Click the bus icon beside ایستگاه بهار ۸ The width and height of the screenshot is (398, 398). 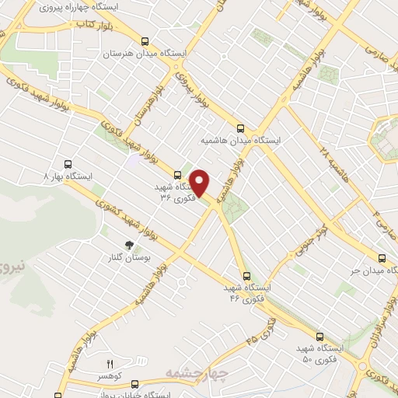click(68, 164)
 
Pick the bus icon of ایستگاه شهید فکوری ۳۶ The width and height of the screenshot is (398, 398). click(178, 174)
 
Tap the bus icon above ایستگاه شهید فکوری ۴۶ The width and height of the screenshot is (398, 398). click(246, 275)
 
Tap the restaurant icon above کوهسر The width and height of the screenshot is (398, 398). click(110, 363)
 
